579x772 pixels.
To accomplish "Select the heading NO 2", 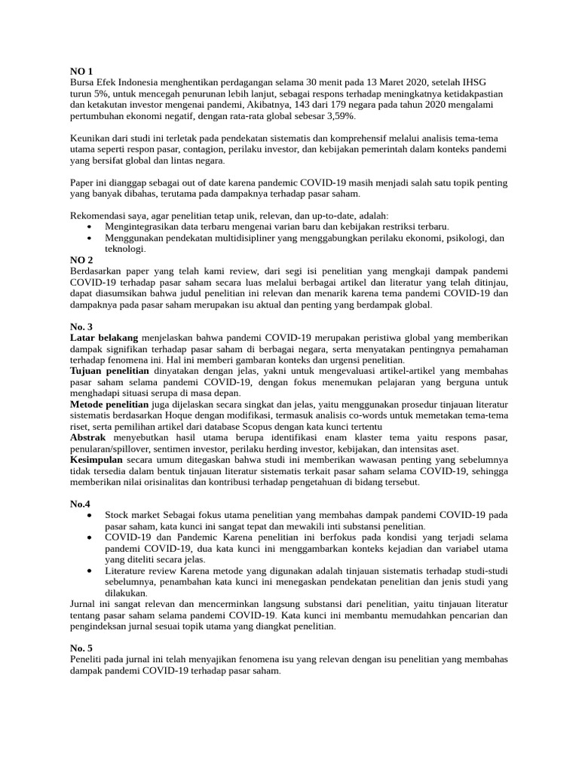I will (81, 260).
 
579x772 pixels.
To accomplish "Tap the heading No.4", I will (80, 503).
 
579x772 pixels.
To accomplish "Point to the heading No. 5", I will (82, 648).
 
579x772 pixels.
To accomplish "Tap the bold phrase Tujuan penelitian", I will (109, 372).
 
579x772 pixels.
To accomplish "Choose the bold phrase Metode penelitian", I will (109, 403).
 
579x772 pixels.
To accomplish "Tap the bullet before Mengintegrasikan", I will (90, 227).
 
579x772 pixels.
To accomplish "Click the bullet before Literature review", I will (90, 571).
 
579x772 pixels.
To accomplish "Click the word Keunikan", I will (91, 139).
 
